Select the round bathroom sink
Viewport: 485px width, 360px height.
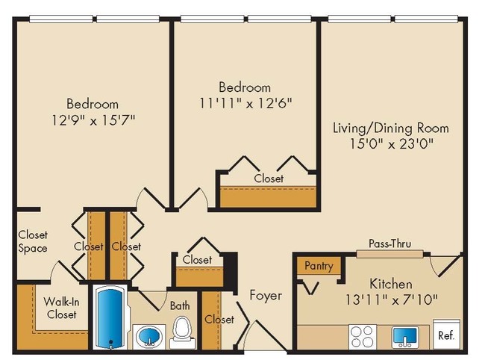tap(148, 338)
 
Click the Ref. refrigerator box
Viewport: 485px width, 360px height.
tap(445, 335)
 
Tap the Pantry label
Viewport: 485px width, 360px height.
tap(319, 266)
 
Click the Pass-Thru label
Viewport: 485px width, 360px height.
tap(389, 243)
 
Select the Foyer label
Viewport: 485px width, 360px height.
tap(266, 295)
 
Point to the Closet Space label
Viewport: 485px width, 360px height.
tap(33, 241)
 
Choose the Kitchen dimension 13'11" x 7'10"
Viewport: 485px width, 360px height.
tap(391, 300)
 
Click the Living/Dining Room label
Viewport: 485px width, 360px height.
tap(391, 128)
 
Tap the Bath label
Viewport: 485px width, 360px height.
tap(180, 305)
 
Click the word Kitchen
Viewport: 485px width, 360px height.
tap(391, 285)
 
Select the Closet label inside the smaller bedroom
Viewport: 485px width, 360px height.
tap(268, 179)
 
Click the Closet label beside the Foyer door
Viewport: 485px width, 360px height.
tap(219, 320)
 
